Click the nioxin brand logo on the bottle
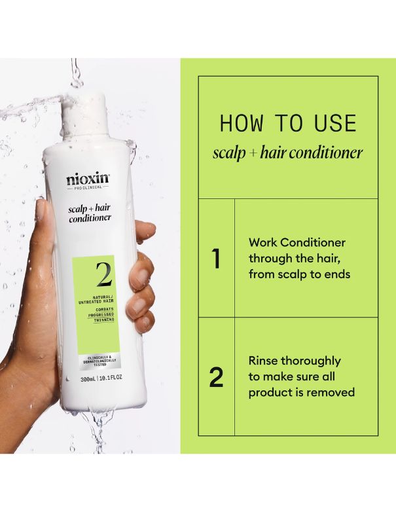[x=88, y=179]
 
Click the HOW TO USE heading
[x=288, y=124]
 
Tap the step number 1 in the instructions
[x=215, y=259]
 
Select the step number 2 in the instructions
[x=215, y=377]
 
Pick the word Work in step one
[x=263, y=242]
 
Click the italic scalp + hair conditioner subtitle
[x=288, y=153]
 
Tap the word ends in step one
[x=336, y=274]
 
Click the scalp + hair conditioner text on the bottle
[x=89, y=213]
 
